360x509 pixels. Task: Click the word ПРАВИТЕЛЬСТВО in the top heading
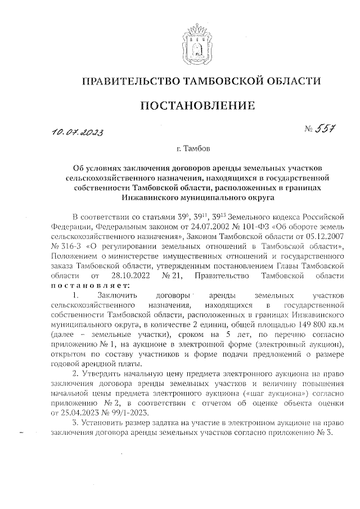click(x=129, y=81)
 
